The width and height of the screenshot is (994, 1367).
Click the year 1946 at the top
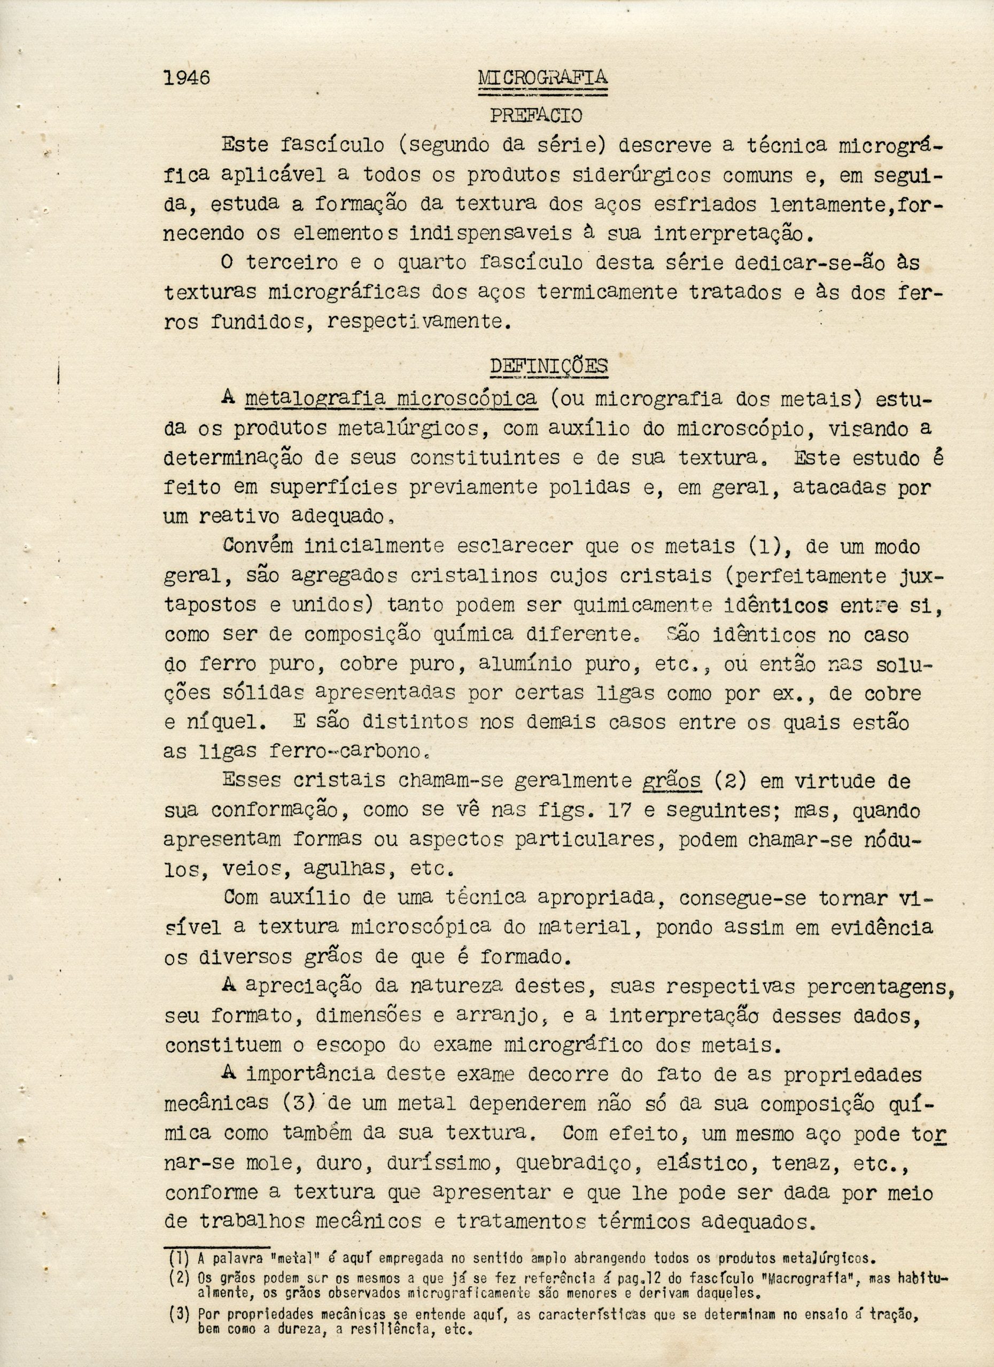[187, 78]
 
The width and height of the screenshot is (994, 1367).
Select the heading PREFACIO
[535, 115]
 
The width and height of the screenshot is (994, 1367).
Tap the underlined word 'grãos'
[671, 781]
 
